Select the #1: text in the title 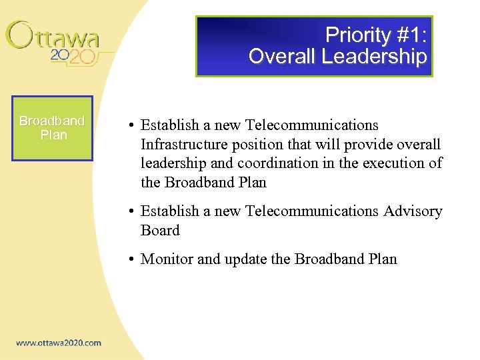pos(410,35)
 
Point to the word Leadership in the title pos(373,57)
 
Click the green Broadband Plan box pos(52,128)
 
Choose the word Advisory pos(413,211)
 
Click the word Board pos(160,231)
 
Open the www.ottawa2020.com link pos(59,343)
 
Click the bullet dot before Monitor pos(133,260)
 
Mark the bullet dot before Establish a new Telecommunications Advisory pos(133,212)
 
